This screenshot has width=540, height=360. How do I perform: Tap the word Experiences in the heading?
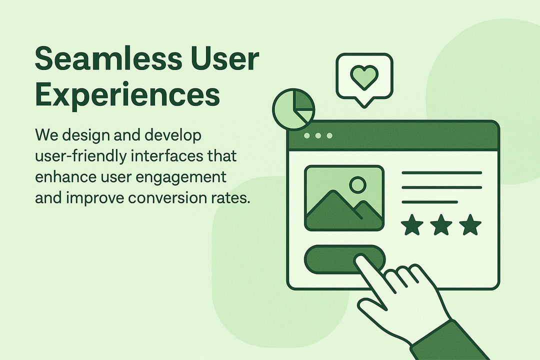tap(127, 94)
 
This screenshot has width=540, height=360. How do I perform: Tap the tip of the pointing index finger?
tap(361, 259)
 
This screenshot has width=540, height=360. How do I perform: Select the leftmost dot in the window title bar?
tap(307, 136)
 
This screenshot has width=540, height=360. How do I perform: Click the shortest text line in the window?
tap(429, 202)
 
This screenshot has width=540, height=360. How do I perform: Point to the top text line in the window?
tap(441, 173)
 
